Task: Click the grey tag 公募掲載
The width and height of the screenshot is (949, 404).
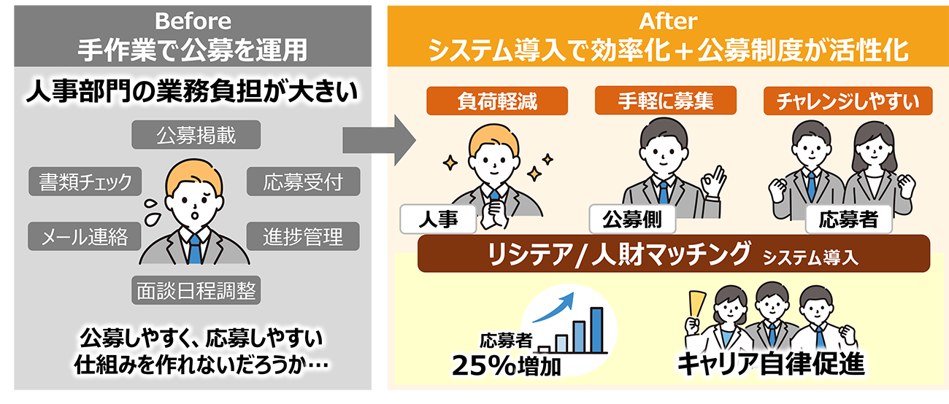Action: point(196,135)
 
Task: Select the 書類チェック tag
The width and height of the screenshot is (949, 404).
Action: point(85,182)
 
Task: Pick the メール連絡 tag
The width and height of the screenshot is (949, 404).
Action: point(85,236)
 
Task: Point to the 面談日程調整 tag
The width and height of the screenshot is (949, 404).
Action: point(196,291)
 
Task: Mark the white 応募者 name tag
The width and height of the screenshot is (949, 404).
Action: point(848,218)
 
